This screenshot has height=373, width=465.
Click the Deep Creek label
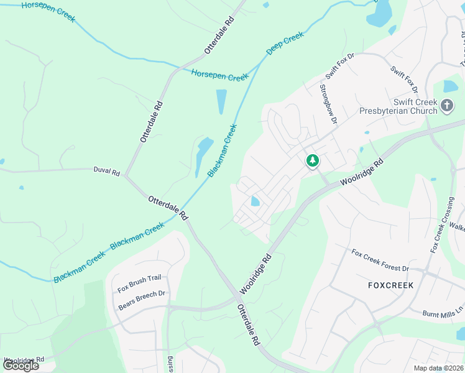coord(285,43)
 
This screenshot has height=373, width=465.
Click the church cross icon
coord(446,106)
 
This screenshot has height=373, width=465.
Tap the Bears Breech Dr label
coord(141,300)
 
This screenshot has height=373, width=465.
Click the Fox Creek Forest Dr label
coord(380,260)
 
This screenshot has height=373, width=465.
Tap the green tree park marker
coord(313,161)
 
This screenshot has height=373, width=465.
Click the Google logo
coord(21,366)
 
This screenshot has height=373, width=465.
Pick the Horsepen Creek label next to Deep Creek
coord(219,75)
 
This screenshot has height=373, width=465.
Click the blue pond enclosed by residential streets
coord(255,201)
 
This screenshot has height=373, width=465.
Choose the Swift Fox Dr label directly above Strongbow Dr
coord(338,66)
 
